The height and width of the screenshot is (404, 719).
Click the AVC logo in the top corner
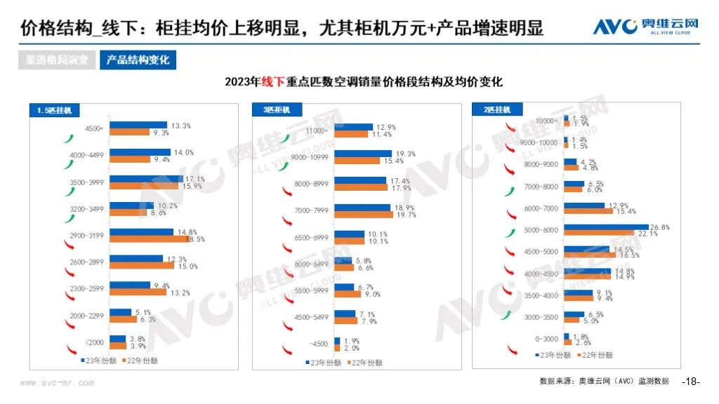pyautogui.click(x=645, y=27)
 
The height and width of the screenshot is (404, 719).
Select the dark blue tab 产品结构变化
pyautogui.click(x=138, y=60)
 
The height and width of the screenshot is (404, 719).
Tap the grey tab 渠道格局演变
pyautogui.click(x=58, y=60)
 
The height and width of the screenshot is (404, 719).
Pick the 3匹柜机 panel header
pyautogui.click(x=272, y=110)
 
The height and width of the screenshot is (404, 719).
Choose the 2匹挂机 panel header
pyautogui.click(x=492, y=110)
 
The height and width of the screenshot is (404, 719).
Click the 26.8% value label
pyautogui.click(x=660, y=227)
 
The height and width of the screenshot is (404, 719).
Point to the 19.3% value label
pyautogui.click(x=406, y=154)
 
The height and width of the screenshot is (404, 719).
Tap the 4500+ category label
pyautogui.click(x=93, y=129)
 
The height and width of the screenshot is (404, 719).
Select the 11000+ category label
pyautogui.click(x=317, y=130)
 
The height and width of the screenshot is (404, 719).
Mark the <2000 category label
pyautogui.click(x=94, y=343)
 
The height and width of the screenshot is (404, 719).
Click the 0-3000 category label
pyautogui.click(x=546, y=339)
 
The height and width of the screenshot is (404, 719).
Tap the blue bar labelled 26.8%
pyautogui.click(x=607, y=227)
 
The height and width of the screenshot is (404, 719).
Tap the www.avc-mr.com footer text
pyautogui.click(x=57, y=384)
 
